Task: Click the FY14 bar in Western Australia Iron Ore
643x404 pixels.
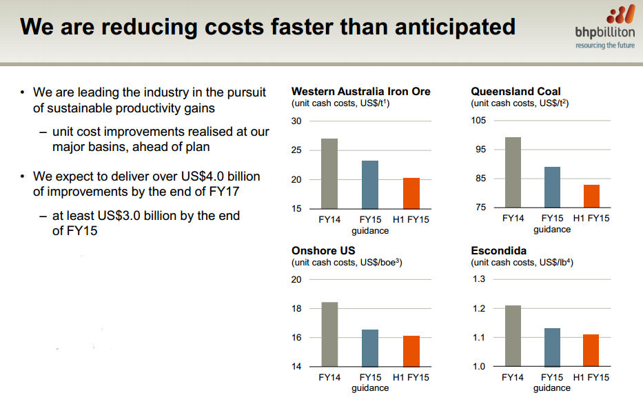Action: pyautogui.click(x=329, y=173)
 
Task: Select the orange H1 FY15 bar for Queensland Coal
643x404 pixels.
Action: pyautogui.click(x=592, y=196)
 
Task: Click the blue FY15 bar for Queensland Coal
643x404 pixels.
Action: pyautogui.click(x=551, y=187)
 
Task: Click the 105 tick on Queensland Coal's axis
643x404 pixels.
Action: pyautogui.click(x=478, y=121)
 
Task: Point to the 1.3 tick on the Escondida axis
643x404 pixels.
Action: pyautogui.click(x=478, y=279)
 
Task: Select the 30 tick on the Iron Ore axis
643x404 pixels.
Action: pyautogui.click(x=297, y=121)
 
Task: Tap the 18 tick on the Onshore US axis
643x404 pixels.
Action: pyautogui.click(x=297, y=309)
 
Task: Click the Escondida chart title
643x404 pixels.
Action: pyautogui.click(x=498, y=251)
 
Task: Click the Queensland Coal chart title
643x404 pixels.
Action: pyautogui.click(x=516, y=91)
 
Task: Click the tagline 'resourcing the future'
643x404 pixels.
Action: pyautogui.click(x=605, y=46)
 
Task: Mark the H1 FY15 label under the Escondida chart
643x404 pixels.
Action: pyautogui.click(x=591, y=377)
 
